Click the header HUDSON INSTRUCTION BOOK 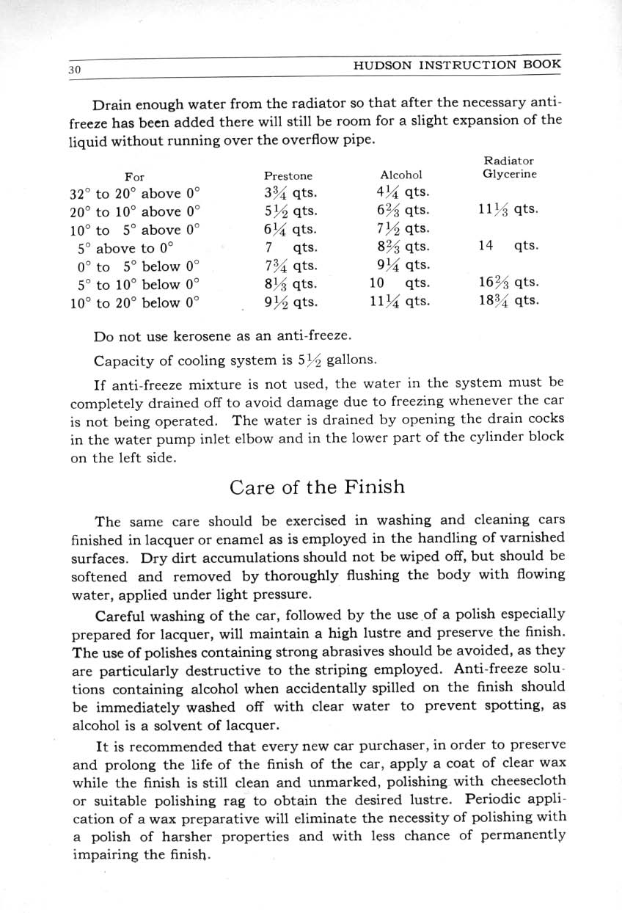tap(458, 64)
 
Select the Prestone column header tap(288, 176)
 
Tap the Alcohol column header tap(401, 175)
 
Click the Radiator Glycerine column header tap(509, 167)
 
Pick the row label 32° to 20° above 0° tap(135, 194)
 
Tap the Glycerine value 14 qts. tap(508, 247)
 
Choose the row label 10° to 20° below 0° tap(135, 302)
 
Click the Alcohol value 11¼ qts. tap(400, 301)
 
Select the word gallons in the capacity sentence tap(352, 360)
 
